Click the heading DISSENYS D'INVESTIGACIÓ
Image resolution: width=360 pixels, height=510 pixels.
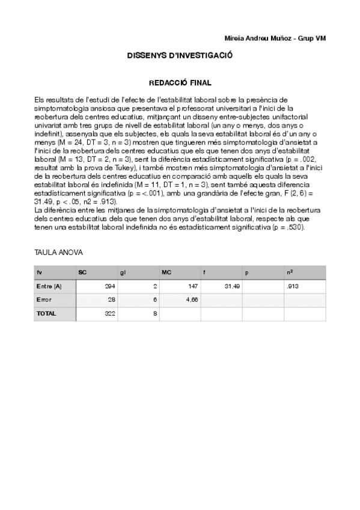coord(180,55)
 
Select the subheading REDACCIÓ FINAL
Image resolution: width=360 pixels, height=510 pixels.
coord(180,82)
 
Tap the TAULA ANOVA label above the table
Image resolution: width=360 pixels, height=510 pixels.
coord(59,253)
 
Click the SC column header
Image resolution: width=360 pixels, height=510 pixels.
coord(82,272)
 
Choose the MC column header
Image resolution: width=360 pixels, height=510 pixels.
coord(166,272)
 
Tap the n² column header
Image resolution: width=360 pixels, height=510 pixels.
coord(290,272)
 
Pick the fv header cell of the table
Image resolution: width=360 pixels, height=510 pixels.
coord(39,272)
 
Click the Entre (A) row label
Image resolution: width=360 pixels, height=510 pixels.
coord(49,287)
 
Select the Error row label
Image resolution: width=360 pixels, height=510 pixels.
coord(44,300)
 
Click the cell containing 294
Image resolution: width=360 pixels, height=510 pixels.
coord(110,287)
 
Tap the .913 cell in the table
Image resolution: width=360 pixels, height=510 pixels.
coord(294,287)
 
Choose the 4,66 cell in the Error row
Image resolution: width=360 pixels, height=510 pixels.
coord(192,300)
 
